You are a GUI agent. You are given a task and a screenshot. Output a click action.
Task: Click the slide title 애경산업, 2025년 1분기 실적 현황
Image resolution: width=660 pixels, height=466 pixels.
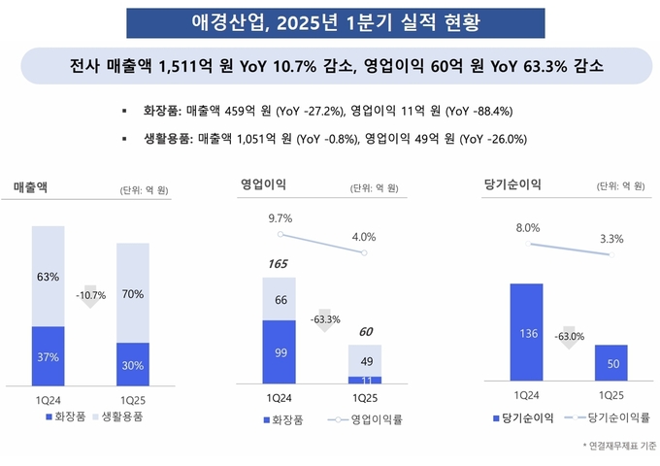coord(329,21)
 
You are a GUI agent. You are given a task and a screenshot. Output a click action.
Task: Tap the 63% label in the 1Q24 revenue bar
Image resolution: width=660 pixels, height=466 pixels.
coord(49,277)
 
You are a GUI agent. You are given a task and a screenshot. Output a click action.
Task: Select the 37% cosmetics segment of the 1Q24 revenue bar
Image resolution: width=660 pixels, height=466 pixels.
coord(49,357)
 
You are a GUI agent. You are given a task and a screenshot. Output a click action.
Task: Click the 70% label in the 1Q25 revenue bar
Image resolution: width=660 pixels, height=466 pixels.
coord(133,293)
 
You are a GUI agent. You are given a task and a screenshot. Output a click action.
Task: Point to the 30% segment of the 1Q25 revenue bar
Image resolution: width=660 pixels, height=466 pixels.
coord(133,365)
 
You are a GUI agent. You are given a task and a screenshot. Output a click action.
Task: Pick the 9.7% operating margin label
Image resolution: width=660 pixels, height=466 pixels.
coord(280,218)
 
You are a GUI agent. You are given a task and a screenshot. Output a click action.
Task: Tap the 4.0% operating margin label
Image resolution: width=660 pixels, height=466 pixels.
coord(364,237)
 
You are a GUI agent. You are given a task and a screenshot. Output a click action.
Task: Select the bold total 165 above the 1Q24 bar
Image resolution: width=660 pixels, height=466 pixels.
coord(280,263)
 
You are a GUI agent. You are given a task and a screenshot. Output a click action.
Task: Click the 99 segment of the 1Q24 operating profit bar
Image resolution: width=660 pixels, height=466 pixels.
coord(280,352)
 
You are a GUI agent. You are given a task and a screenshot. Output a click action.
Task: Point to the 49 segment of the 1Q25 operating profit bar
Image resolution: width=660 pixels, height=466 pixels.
coord(364,361)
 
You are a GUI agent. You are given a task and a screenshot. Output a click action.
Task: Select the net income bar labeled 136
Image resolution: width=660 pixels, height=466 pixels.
coord(527,334)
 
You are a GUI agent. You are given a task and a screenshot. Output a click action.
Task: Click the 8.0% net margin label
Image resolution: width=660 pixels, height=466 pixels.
coord(527,227)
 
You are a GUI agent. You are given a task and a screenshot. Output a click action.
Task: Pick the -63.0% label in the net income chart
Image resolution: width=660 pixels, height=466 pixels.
coord(570,336)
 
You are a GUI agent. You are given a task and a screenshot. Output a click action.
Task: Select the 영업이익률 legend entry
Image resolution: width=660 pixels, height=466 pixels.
coord(368,420)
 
